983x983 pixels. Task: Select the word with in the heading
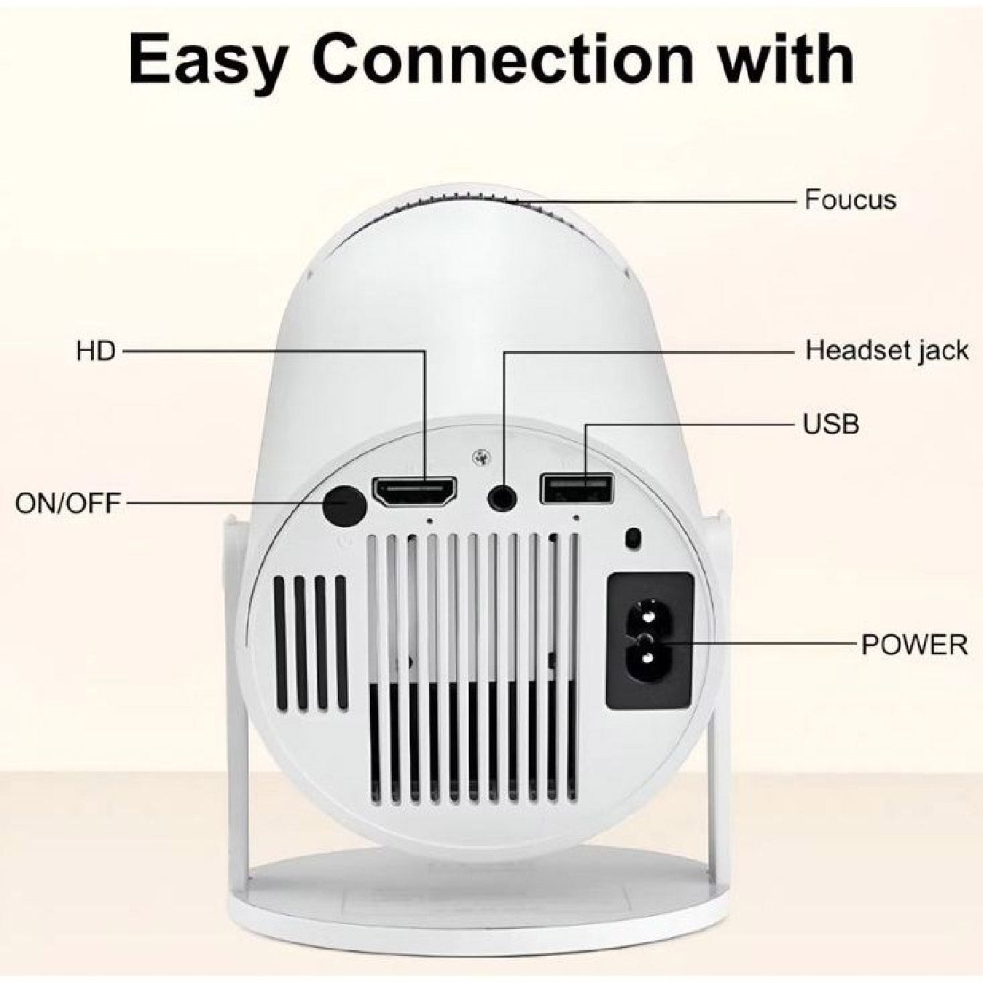pos(786,60)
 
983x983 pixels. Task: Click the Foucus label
pos(850,200)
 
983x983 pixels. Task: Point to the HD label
pos(95,352)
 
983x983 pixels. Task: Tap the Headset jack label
pos(886,351)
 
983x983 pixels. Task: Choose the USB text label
pos(831,424)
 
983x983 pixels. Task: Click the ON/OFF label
pos(68,503)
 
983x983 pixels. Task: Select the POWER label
pos(915,644)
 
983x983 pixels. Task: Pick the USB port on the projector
pos(576,488)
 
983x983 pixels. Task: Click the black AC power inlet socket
pos(650,641)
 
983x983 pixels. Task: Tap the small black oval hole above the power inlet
pos(633,538)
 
